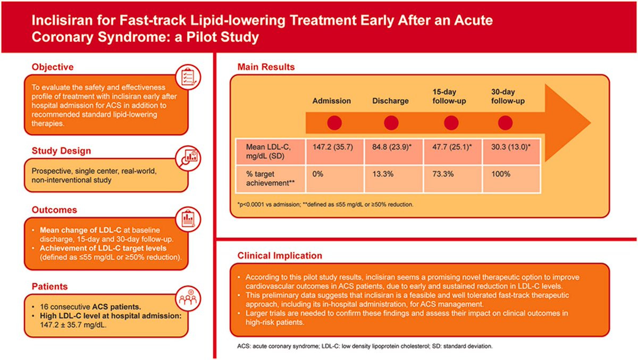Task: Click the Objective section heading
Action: pos(53,67)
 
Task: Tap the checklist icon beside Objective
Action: pos(188,77)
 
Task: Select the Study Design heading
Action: pos(61,150)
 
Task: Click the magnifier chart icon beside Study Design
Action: pos(188,158)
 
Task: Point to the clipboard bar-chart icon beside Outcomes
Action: pos(188,219)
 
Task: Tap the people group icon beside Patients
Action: pos(188,298)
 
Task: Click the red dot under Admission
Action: pos(334,123)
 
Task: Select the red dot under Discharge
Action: pos(391,123)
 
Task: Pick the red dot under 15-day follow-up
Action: pos(451,123)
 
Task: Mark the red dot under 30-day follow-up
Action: pos(505,123)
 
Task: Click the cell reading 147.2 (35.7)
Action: pos(334,152)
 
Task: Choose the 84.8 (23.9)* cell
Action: pos(393,152)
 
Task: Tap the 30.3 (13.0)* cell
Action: pos(511,152)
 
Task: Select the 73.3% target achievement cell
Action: pos(452,179)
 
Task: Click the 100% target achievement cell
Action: pos(511,179)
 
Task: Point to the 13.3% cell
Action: pos(393,179)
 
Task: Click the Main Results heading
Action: pos(266,67)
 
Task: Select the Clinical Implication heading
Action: pos(280,256)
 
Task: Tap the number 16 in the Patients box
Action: pos(44,307)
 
